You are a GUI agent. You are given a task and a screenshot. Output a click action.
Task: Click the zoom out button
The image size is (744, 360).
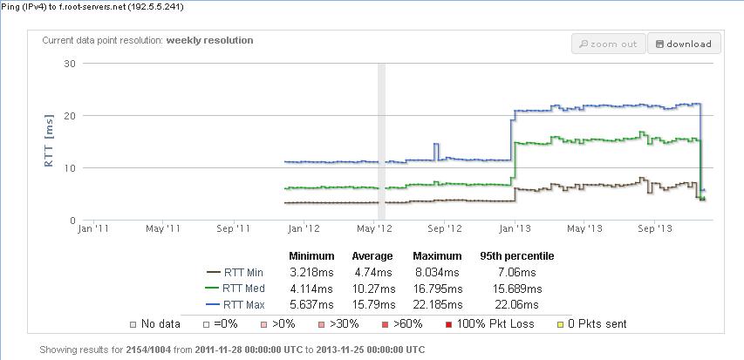pyautogui.click(x=608, y=44)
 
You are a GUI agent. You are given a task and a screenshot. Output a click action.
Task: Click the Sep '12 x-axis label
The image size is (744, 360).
pyautogui.click(x=445, y=229)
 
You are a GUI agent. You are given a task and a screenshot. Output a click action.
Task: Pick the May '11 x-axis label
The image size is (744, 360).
pyautogui.click(x=162, y=229)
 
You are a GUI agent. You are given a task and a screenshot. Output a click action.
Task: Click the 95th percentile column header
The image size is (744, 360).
pyautogui.click(x=516, y=256)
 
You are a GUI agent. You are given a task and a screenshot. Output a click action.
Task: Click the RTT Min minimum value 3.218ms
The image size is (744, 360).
pyautogui.click(x=311, y=272)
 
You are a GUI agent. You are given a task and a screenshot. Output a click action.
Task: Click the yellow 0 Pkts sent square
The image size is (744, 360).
pyautogui.click(x=560, y=324)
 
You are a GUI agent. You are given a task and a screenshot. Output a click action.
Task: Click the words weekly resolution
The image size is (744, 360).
pyautogui.click(x=210, y=40)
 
